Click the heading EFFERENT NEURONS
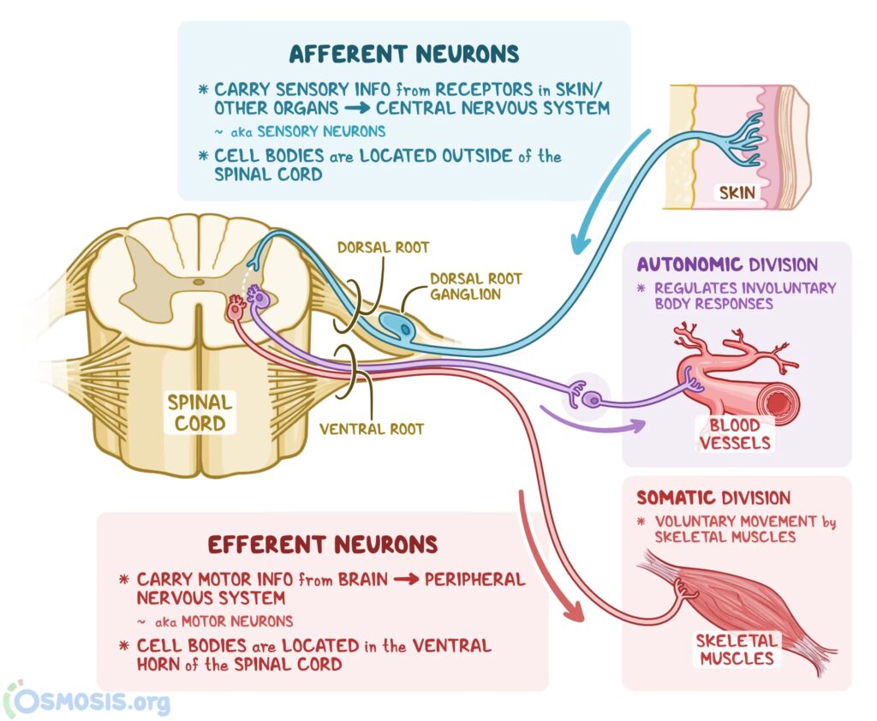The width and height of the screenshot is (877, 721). tap(323, 545)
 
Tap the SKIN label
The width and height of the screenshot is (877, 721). tap(737, 192)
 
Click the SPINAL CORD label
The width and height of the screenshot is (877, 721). tap(199, 412)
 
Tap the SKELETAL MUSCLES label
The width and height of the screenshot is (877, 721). tap(736, 649)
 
